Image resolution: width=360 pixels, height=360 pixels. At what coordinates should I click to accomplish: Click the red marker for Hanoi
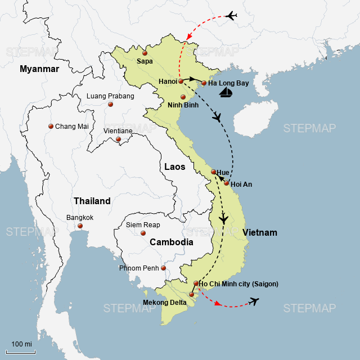181,82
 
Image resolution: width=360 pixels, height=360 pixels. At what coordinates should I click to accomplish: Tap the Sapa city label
145,61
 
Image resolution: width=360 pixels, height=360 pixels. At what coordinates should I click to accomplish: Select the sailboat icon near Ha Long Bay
226,92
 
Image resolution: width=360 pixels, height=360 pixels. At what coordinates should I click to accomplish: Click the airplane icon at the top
231,16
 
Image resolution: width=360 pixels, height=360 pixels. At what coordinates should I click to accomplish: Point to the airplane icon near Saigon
254,302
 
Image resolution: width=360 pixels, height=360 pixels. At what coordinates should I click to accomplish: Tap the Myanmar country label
39,69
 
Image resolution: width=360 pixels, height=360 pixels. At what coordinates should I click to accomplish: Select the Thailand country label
92,201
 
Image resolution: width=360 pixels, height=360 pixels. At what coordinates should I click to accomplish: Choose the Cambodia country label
171,242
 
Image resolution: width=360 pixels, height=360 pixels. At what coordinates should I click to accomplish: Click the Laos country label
174,166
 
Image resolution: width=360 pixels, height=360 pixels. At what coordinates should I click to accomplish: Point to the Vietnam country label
260,232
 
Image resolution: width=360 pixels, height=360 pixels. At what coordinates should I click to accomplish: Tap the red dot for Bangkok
80,226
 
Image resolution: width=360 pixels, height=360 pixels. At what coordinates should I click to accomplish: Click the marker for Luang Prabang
110,104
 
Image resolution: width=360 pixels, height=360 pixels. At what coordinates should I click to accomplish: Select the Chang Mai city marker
51,127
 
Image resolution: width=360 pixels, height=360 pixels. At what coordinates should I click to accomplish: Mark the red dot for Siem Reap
143,233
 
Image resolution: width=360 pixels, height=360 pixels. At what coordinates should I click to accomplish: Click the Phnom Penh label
139,268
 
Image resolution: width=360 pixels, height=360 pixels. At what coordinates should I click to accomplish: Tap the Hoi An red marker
227,183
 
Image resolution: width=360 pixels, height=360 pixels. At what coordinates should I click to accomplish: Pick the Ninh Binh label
183,105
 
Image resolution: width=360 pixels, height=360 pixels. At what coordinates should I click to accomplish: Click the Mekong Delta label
164,303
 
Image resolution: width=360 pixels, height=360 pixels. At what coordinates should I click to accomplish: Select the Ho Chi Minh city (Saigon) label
238,284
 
